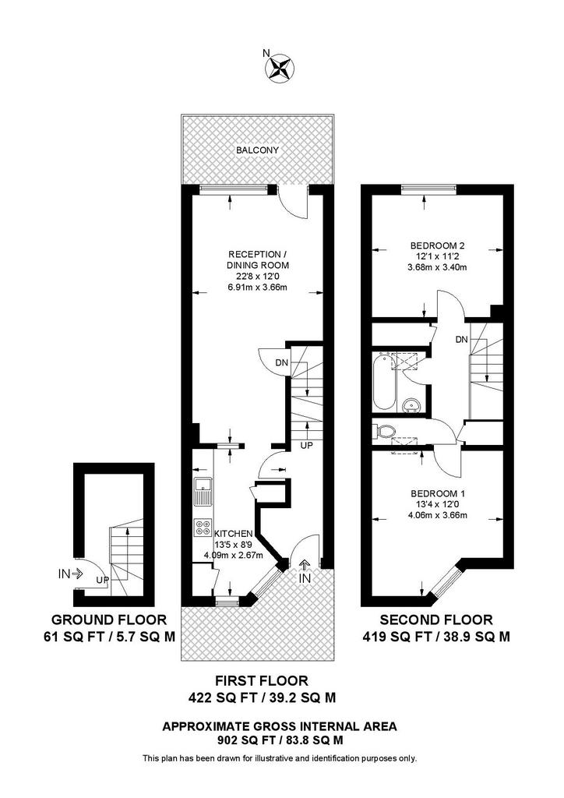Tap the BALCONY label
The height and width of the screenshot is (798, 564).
pyautogui.click(x=257, y=150)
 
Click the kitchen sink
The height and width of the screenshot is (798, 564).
pyautogui.click(x=203, y=491)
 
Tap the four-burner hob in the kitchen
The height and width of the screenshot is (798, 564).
pyautogui.click(x=203, y=528)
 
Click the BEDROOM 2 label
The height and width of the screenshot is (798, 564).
pyautogui.click(x=437, y=245)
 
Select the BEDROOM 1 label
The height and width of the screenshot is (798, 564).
pyautogui.click(x=437, y=493)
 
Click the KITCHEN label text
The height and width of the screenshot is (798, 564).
pyautogui.click(x=234, y=534)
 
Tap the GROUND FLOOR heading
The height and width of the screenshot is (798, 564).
pyautogui.click(x=109, y=620)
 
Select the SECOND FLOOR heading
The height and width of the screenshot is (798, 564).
pyautogui.click(x=436, y=620)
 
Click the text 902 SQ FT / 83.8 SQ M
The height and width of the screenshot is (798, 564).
pyautogui.click(x=279, y=740)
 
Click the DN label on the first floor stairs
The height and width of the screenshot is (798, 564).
pyautogui.click(x=281, y=363)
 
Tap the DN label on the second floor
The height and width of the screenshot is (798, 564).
pyautogui.click(x=461, y=340)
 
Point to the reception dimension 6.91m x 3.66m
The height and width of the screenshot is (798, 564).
pyautogui.click(x=257, y=287)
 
